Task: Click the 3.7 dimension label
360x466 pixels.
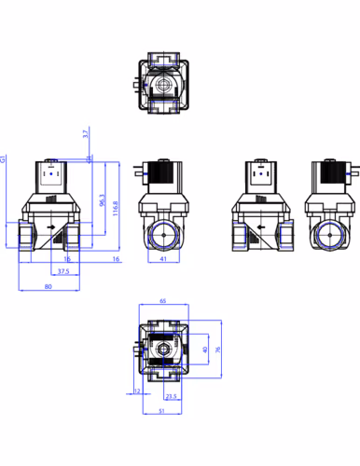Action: (86, 133)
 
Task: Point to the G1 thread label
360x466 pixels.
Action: (3, 159)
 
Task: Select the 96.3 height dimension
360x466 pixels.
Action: (102, 200)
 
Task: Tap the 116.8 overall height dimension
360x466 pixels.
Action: (116, 209)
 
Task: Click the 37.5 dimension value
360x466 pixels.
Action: (63, 271)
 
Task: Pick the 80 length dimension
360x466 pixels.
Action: (48, 286)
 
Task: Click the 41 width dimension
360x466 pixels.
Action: (163, 258)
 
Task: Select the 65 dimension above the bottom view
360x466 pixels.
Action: (163, 301)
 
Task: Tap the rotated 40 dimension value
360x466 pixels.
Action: (205, 349)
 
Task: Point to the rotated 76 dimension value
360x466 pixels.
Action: (218, 349)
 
